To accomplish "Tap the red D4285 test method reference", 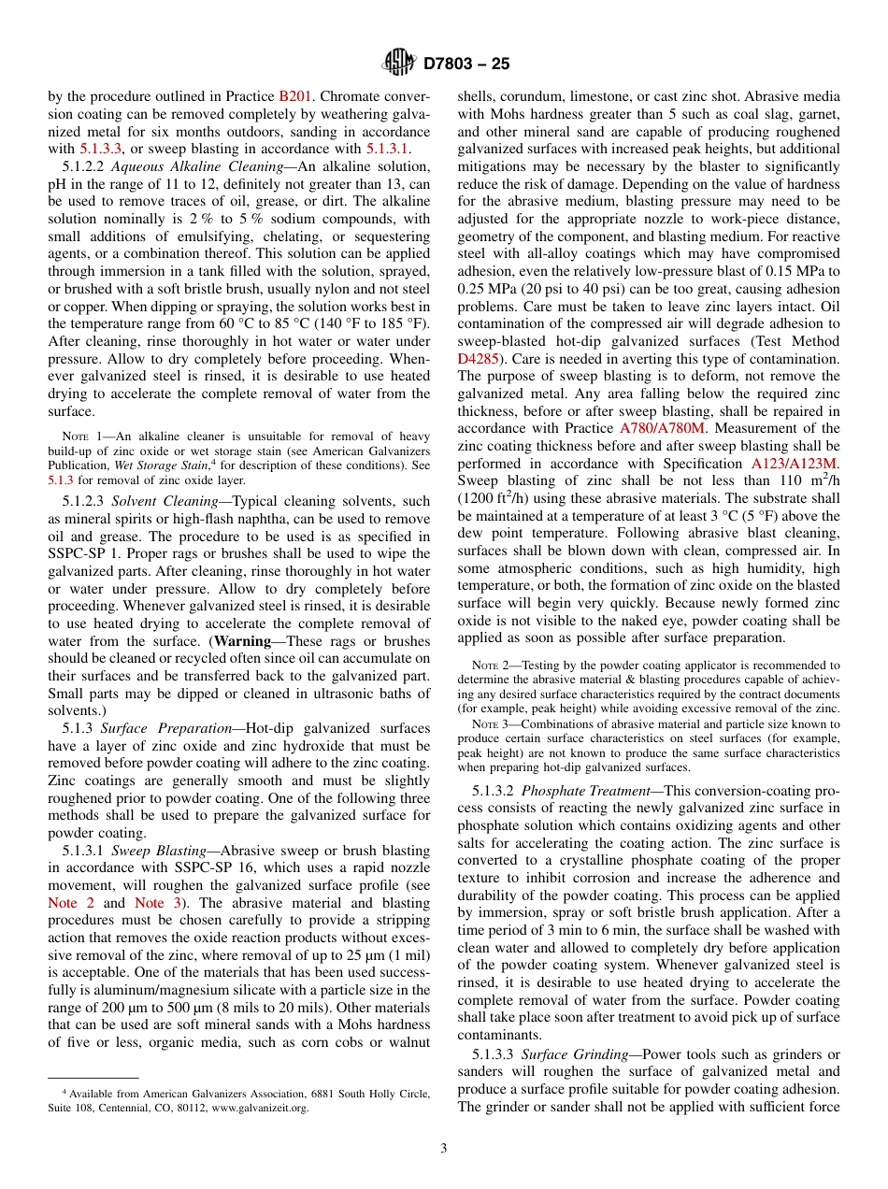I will tap(477, 358).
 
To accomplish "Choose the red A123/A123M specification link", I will tap(795, 464).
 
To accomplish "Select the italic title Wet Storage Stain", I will tap(149, 466).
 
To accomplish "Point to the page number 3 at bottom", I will tap(443, 1148).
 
